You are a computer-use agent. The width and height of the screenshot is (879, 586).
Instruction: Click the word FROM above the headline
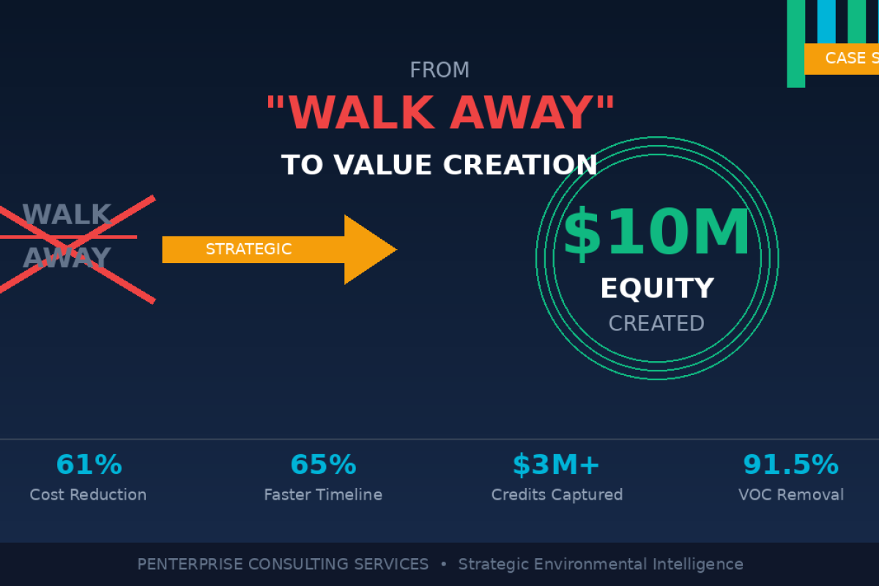(x=439, y=70)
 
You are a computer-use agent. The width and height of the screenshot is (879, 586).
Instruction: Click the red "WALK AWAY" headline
(x=439, y=113)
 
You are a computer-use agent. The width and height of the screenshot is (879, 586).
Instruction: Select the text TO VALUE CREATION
(x=439, y=165)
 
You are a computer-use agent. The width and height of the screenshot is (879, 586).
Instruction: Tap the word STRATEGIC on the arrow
(x=248, y=249)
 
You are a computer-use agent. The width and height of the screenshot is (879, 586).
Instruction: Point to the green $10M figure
(x=656, y=233)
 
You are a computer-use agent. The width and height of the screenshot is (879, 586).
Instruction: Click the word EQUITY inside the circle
(x=656, y=289)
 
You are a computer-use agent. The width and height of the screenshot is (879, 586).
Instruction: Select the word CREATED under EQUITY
(x=656, y=324)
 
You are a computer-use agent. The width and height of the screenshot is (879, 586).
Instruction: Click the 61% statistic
(x=89, y=465)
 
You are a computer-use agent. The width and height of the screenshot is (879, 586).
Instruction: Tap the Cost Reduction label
(x=88, y=495)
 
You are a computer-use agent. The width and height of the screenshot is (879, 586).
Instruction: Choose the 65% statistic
(x=323, y=465)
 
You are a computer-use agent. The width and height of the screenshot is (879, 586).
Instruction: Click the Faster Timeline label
(x=323, y=495)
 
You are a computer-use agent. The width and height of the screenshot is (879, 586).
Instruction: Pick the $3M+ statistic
(x=557, y=465)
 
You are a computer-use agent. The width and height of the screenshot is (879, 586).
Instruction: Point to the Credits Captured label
(x=557, y=495)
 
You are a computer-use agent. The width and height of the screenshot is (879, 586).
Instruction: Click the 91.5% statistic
(x=790, y=465)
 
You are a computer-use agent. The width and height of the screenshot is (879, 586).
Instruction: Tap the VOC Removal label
(x=791, y=495)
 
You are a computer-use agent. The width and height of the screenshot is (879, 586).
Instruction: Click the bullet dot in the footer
(x=443, y=565)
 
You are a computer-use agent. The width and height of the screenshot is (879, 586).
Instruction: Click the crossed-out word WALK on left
(x=67, y=215)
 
